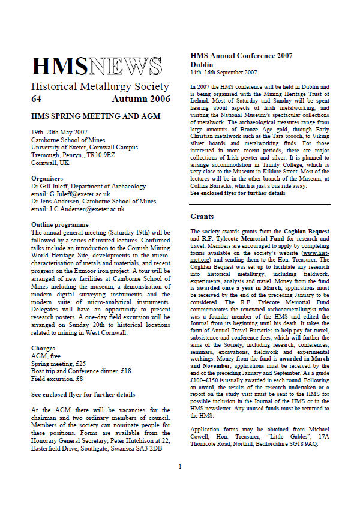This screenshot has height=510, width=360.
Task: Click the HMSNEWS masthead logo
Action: [97, 66]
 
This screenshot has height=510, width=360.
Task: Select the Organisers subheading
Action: [47, 179]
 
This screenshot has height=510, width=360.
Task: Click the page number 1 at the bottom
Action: [179, 483]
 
